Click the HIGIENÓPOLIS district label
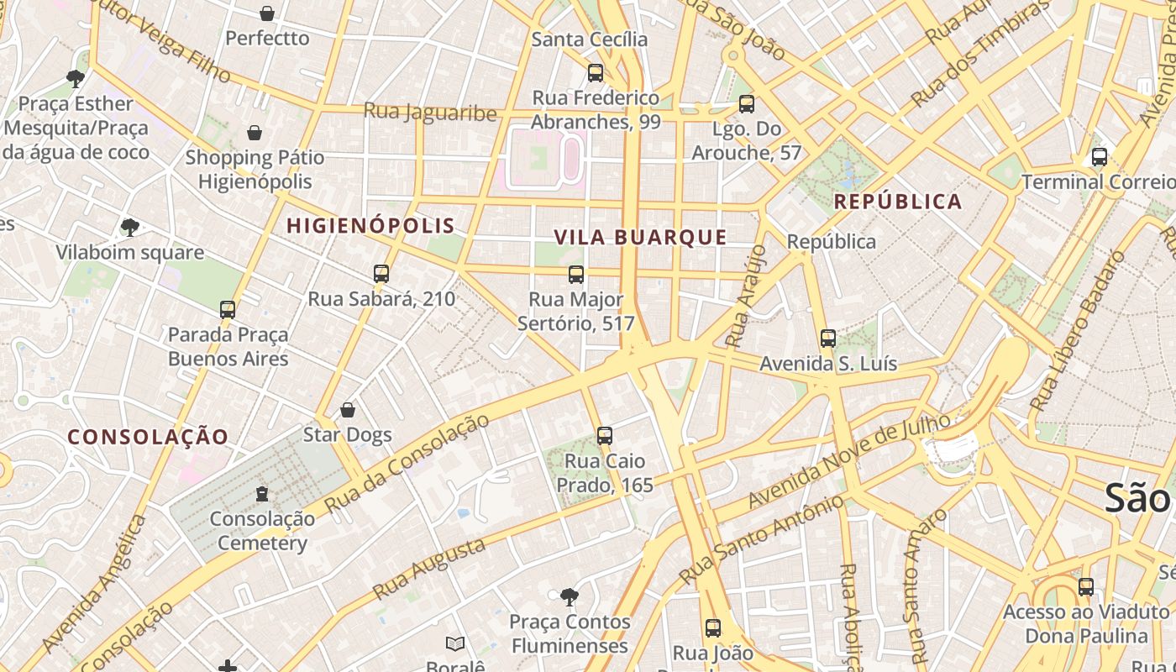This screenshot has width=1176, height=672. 370,225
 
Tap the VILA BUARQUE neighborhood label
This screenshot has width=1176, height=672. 641,237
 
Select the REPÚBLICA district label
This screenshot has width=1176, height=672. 898,202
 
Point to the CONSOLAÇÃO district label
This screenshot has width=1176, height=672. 148,437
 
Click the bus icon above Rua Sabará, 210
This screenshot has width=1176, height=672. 381,274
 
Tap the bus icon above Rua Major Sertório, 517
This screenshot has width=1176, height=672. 576,275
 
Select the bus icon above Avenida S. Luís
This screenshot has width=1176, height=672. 828,339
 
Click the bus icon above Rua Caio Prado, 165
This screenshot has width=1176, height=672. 605,436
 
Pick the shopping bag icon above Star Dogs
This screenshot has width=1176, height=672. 348,410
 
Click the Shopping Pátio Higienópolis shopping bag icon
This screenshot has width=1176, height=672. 255,133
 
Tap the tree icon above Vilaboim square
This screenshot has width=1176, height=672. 130,227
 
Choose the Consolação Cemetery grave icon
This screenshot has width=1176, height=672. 262,493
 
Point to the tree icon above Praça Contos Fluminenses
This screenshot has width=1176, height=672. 570,597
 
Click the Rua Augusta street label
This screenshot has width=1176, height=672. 429,569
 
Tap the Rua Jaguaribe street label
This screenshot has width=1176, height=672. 430,112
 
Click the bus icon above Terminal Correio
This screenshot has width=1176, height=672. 1099,157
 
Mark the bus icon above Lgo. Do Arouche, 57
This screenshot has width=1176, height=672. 746,104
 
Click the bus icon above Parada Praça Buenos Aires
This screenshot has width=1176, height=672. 228,310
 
